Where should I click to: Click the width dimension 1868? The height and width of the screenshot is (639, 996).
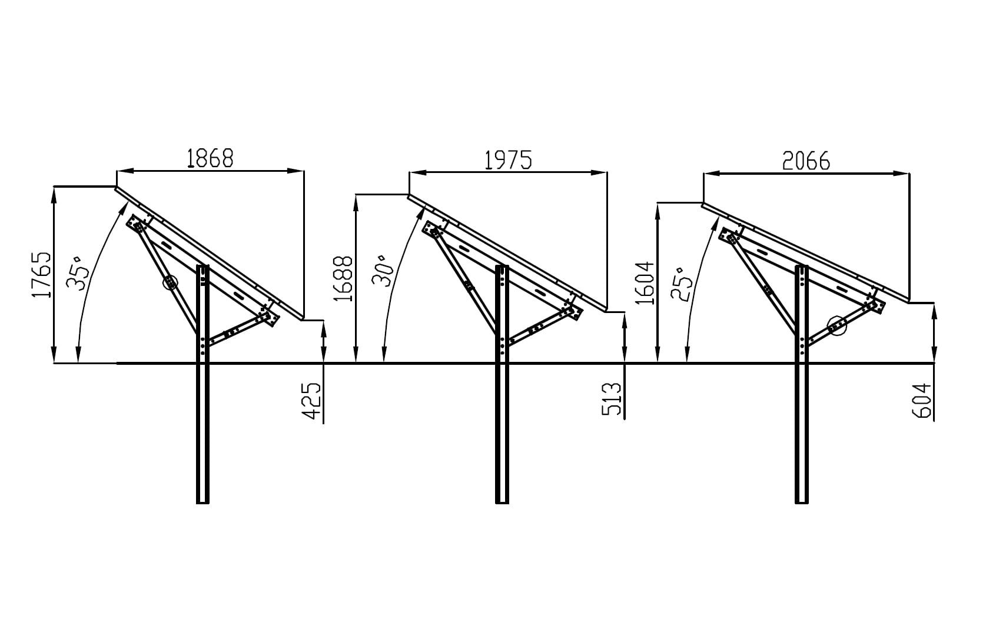210,158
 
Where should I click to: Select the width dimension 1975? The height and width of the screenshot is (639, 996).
508,160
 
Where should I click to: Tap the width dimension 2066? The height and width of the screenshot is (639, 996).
806,161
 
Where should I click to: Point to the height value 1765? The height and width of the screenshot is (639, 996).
41,275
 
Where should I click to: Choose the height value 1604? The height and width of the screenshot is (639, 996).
645,283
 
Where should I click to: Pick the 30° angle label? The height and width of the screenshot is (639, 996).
383,271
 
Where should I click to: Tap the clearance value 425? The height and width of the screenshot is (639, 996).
312,400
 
